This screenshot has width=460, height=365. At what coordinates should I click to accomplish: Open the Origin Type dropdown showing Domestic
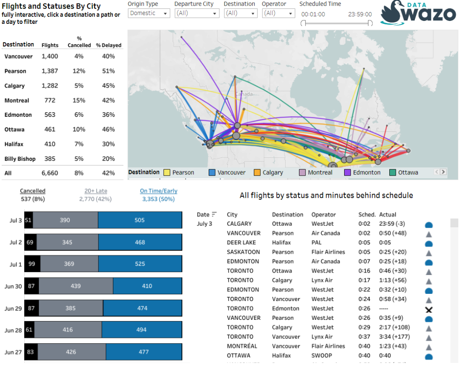[x=149, y=13]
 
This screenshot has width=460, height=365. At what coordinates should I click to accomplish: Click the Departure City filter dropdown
[x=197, y=13]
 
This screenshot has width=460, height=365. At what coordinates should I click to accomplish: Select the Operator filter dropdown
[x=278, y=13]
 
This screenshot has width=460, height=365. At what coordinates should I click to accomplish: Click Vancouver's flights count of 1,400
[x=49, y=56]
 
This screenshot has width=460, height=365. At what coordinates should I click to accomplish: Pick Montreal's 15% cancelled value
[x=79, y=101]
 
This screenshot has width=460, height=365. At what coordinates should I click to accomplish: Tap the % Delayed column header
[x=109, y=45]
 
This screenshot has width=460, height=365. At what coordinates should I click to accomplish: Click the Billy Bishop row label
[x=20, y=159]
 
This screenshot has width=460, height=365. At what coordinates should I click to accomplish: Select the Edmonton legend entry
[x=362, y=172]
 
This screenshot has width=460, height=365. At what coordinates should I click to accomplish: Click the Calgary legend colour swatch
[x=257, y=172]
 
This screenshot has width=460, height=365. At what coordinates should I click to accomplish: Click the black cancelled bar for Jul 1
[x=32, y=264]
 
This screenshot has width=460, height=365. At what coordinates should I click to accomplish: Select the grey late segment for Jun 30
[x=76, y=286]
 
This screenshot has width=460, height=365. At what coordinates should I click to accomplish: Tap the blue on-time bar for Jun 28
[x=142, y=330]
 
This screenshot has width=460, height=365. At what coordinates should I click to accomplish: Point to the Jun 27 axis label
[x=13, y=352]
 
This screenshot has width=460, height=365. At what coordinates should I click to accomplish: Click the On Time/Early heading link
[x=158, y=191]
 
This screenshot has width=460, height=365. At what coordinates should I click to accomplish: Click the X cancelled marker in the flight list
[x=428, y=310]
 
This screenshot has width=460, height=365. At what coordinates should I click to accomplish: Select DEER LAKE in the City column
[x=241, y=243]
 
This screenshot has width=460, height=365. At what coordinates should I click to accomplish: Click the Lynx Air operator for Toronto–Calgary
[x=322, y=280]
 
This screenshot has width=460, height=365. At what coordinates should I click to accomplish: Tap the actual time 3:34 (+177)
[x=394, y=337]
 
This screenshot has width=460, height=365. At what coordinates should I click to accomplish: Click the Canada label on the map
[x=244, y=94]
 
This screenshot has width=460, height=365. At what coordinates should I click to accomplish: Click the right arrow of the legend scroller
[x=443, y=172]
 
